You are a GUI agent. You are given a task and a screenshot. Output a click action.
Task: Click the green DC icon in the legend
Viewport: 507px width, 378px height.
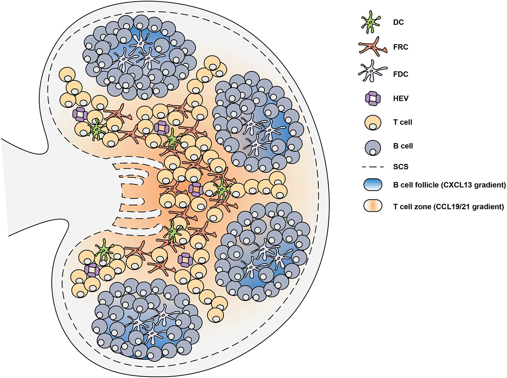pos(371,23)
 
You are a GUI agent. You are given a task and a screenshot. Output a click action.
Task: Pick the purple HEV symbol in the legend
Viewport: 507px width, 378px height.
pos(373,98)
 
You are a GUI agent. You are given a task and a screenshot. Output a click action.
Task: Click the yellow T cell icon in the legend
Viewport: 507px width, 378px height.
pos(373,123)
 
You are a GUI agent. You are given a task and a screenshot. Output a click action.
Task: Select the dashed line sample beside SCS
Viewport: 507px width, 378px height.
pos(373,167)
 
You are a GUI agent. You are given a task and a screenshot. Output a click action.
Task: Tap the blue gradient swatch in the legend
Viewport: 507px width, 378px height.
pos(373,185)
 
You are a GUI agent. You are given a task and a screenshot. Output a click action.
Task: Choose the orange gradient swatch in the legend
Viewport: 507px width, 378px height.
pos(373,206)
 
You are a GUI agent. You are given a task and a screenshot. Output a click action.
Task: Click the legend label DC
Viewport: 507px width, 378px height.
pos(398,22)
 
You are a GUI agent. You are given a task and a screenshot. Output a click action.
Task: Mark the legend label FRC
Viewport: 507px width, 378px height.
pos(401,47)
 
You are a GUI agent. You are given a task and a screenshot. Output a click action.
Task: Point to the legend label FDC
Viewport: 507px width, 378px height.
pos(401,74)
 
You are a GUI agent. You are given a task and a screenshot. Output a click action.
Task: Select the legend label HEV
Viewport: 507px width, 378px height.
pos(401,98)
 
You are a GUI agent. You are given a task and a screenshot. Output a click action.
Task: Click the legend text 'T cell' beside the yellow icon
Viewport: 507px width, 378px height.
pos(403,122)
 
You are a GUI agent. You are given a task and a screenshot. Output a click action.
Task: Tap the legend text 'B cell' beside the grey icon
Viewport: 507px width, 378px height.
pos(403,146)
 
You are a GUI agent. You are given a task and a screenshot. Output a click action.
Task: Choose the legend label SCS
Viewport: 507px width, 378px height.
pos(401,167)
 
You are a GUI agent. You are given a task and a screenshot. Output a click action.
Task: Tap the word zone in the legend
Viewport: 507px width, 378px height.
pos(423,206)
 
